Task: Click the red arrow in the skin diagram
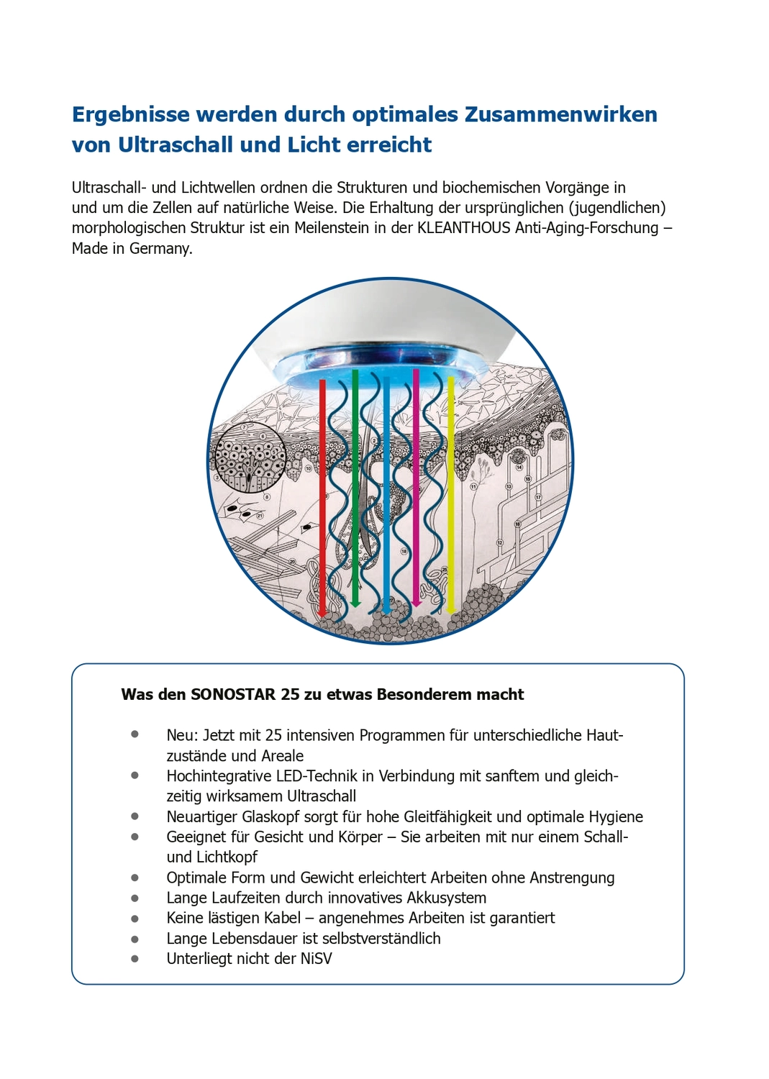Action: (x=322, y=496)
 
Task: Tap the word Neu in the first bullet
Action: (x=181, y=735)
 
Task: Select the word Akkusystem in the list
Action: (x=447, y=898)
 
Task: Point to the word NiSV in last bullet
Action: (x=316, y=959)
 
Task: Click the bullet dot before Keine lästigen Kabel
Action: (x=135, y=919)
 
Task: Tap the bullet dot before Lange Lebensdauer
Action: (x=135, y=939)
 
